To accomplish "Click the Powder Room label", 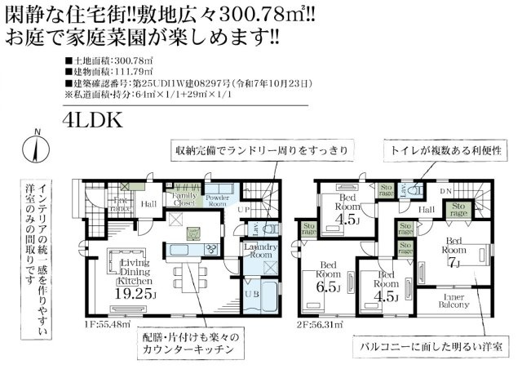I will coord(217,200).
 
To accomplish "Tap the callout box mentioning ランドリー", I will coord(262,149).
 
